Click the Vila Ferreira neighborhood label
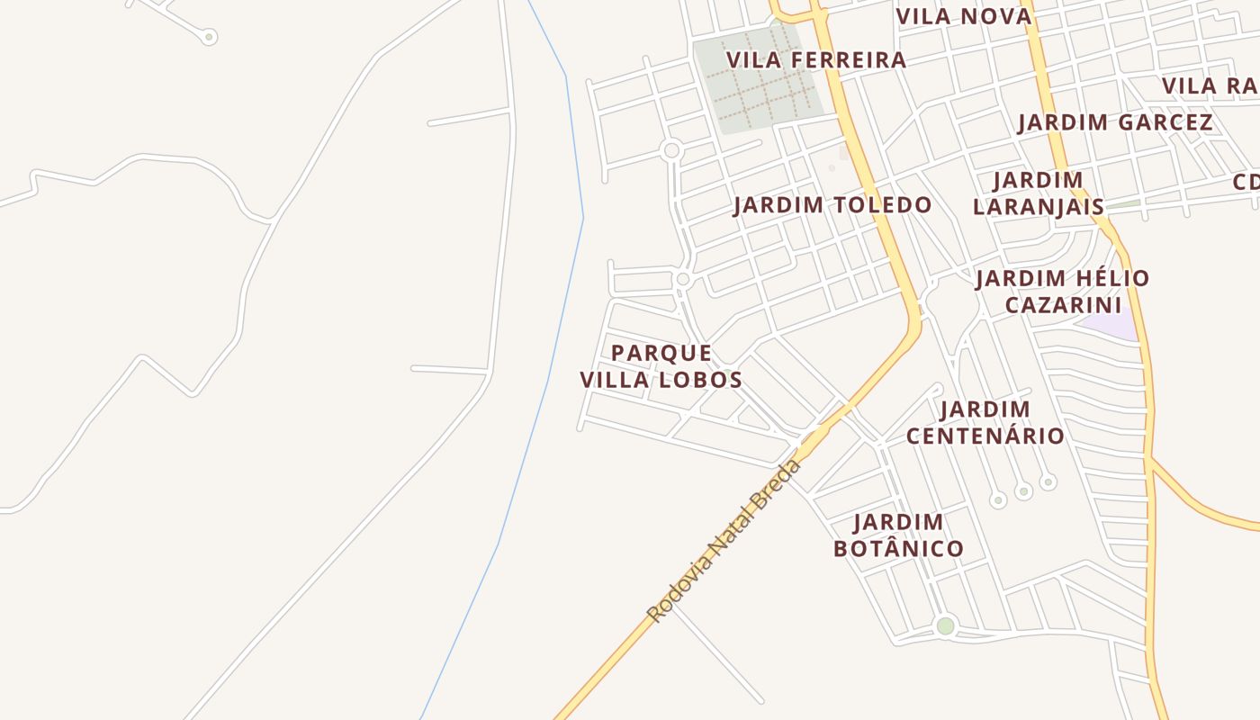click(815, 60)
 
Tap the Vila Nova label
click(963, 16)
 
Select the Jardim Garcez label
click(1115, 122)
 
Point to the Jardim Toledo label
click(832, 205)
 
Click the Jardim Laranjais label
click(1039, 193)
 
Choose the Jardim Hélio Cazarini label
click(1062, 291)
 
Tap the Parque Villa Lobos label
click(661, 365)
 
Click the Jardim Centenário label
click(985, 422)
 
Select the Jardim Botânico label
click(898, 535)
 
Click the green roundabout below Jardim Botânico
click(945, 625)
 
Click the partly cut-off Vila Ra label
click(1210, 86)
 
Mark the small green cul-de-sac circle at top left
click(209, 37)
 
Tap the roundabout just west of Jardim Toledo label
click(682, 279)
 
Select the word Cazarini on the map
click(1062, 305)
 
